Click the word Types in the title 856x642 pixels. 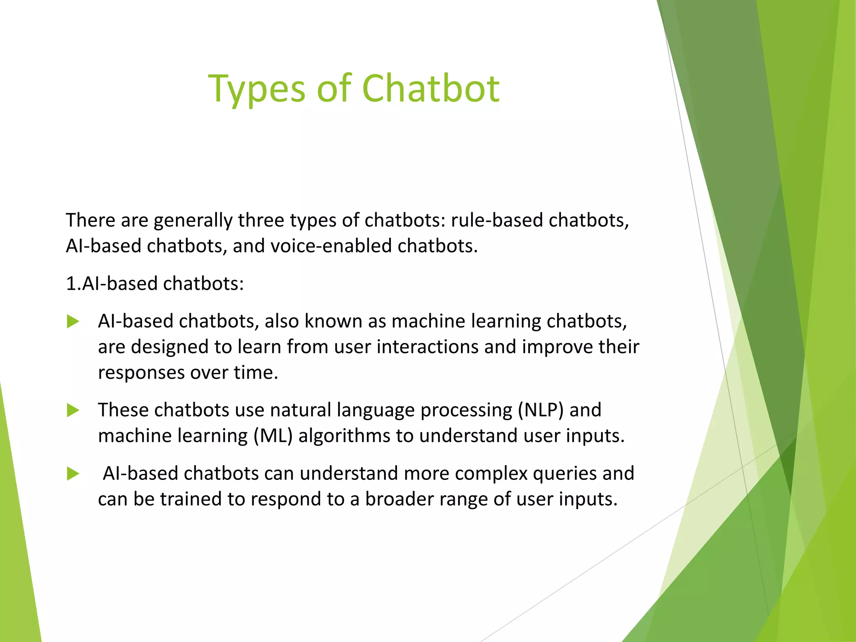click(257, 89)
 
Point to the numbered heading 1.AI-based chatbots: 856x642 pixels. click(155, 284)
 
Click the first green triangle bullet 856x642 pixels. click(73, 322)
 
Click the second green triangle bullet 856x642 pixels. click(73, 410)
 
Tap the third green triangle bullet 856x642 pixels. click(73, 474)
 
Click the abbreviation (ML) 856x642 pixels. click(273, 436)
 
